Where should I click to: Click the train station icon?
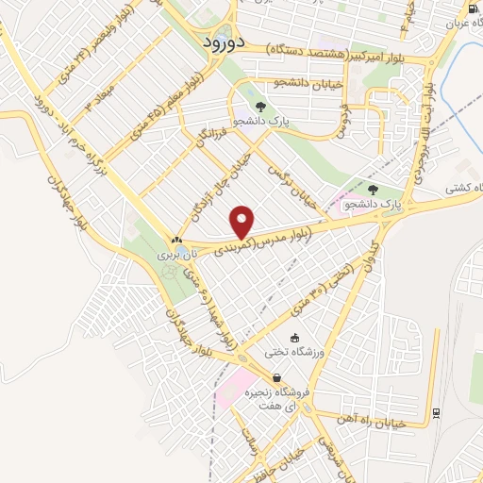click(436, 412)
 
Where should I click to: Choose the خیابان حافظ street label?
click(284, 458)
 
